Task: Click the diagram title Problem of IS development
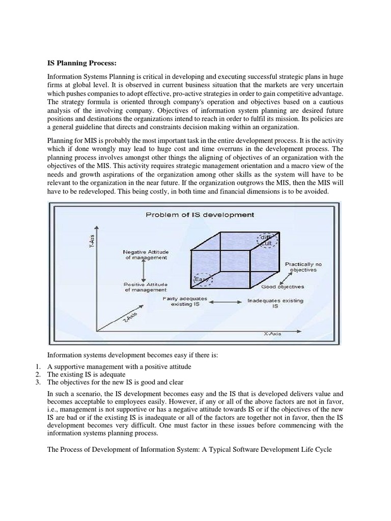pyautogui.click(x=200, y=215)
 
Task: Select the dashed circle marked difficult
pyautogui.click(x=267, y=241)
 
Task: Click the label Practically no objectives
pyautogui.click(x=303, y=267)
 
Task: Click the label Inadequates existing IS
pyautogui.click(x=275, y=304)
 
